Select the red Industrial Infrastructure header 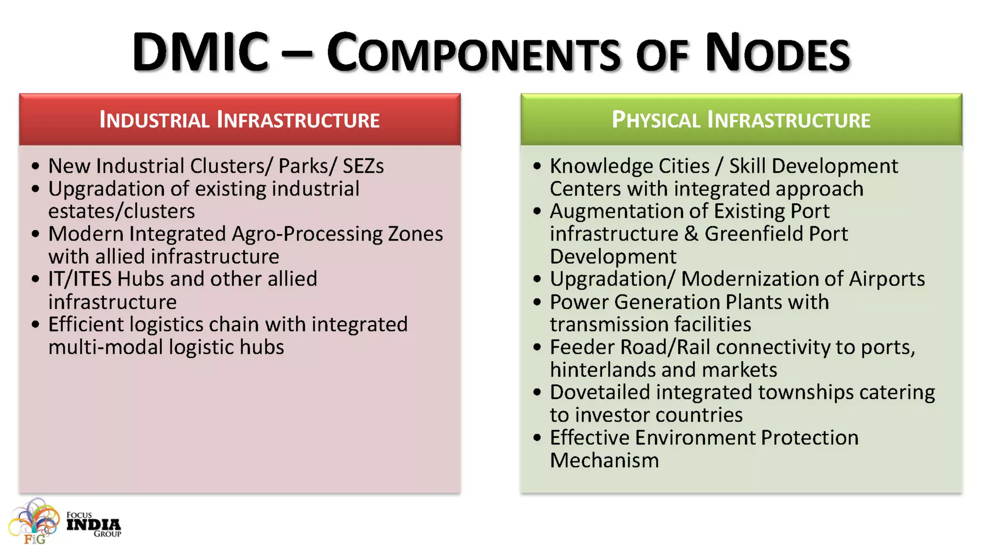[240, 119]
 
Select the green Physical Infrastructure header [741, 119]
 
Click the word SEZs [363, 166]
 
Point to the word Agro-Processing [307, 234]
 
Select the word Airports [887, 279]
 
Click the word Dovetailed [600, 392]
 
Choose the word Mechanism [604, 460]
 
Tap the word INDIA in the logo [93, 525]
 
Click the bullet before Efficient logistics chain [35, 324]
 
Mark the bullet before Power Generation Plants [537, 302]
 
